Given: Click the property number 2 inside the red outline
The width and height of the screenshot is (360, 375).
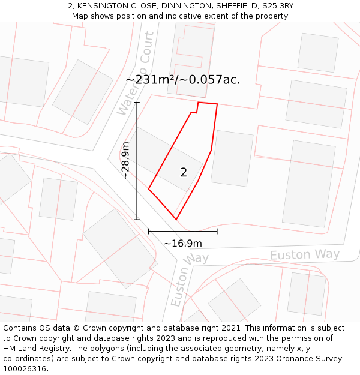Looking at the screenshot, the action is pos(184,173).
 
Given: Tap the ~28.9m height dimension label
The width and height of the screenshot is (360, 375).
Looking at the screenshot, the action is pos(125,161).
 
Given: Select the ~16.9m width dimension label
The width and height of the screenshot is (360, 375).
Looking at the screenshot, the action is pos(183,243).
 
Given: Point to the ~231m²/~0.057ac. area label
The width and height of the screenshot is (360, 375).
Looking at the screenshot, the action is pos(183,79).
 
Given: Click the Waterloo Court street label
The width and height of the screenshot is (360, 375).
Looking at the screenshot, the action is pos(137,73).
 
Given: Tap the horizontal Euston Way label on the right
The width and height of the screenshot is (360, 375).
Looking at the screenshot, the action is pos(305,254).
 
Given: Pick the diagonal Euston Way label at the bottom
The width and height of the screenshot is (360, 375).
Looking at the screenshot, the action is pos(188,280).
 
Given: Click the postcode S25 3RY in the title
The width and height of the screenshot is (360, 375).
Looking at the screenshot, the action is pos(275,6).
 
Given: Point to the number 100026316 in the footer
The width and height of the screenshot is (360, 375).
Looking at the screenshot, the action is pos(25,369).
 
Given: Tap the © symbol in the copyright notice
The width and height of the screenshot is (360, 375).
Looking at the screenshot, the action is pos(76,328).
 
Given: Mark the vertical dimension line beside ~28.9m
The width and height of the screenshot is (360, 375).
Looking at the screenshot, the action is pos(137,161).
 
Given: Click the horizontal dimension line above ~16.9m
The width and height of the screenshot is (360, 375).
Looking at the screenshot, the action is pos(183,231).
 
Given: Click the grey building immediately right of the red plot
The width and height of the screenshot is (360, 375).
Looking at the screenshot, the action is pos(232,158).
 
